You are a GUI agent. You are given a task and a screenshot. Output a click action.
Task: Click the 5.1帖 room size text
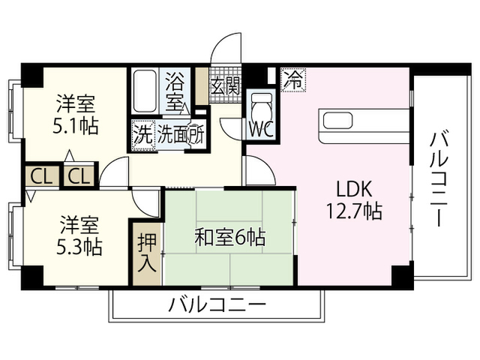pyautogui.click(x=76, y=125)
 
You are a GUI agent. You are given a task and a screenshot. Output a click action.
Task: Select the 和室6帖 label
pyautogui.click(x=229, y=239)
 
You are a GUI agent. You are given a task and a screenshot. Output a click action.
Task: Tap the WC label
pyautogui.click(x=260, y=128)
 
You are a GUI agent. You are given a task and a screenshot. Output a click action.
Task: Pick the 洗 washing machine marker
pyautogui.click(x=142, y=136)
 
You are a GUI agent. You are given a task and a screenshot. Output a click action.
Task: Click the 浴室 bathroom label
pyautogui.click(x=175, y=88)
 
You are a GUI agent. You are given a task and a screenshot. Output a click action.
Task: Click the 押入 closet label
pyautogui.click(x=146, y=253)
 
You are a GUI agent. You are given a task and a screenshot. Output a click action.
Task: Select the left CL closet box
pyautogui.click(x=42, y=177)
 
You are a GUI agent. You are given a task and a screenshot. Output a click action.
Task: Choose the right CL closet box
pyautogui.click(x=79, y=177)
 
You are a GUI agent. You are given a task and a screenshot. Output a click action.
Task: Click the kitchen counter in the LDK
pyautogui.click(x=364, y=126)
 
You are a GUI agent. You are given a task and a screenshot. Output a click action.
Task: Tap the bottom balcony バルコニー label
pyautogui.click(x=217, y=306)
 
